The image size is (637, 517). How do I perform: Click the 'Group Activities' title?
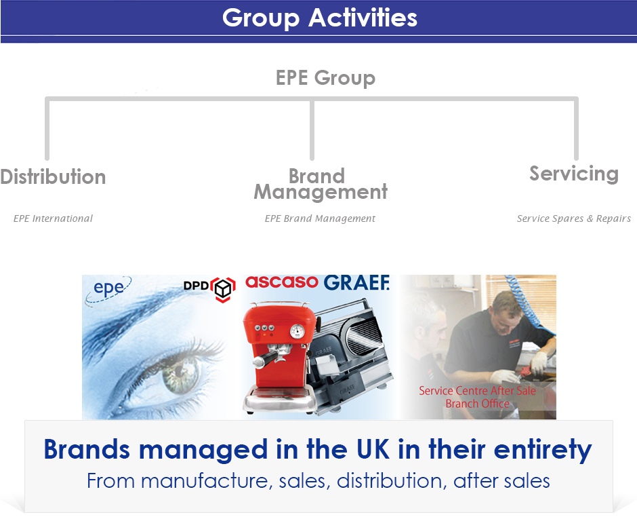click(x=320, y=18)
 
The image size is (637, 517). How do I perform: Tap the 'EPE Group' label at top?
click(x=325, y=78)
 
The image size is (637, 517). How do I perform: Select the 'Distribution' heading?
click(x=53, y=177)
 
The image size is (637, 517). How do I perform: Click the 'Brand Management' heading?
click(x=321, y=185)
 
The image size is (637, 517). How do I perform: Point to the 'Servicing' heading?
click(x=574, y=174)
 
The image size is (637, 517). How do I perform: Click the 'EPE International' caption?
click(x=53, y=218)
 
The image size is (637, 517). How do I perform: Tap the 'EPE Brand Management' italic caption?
click(x=320, y=218)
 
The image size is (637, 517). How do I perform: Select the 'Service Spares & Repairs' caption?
click(x=573, y=218)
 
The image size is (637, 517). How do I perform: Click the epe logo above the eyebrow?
click(x=108, y=290)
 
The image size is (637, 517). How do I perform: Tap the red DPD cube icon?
click(x=223, y=289)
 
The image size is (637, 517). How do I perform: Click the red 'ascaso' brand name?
click(x=281, y=282)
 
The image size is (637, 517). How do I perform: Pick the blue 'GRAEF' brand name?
click(x=356, y=283)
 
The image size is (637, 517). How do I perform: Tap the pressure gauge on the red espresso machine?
click(x=297, y=331)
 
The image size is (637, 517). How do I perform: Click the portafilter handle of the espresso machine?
click(x=265, y=359)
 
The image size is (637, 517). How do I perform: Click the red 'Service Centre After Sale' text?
click(x=477, y=391)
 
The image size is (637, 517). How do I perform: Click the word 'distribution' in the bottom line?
click(x=389, y=481)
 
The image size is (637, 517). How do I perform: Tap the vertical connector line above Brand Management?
click(x=312, y=130)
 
